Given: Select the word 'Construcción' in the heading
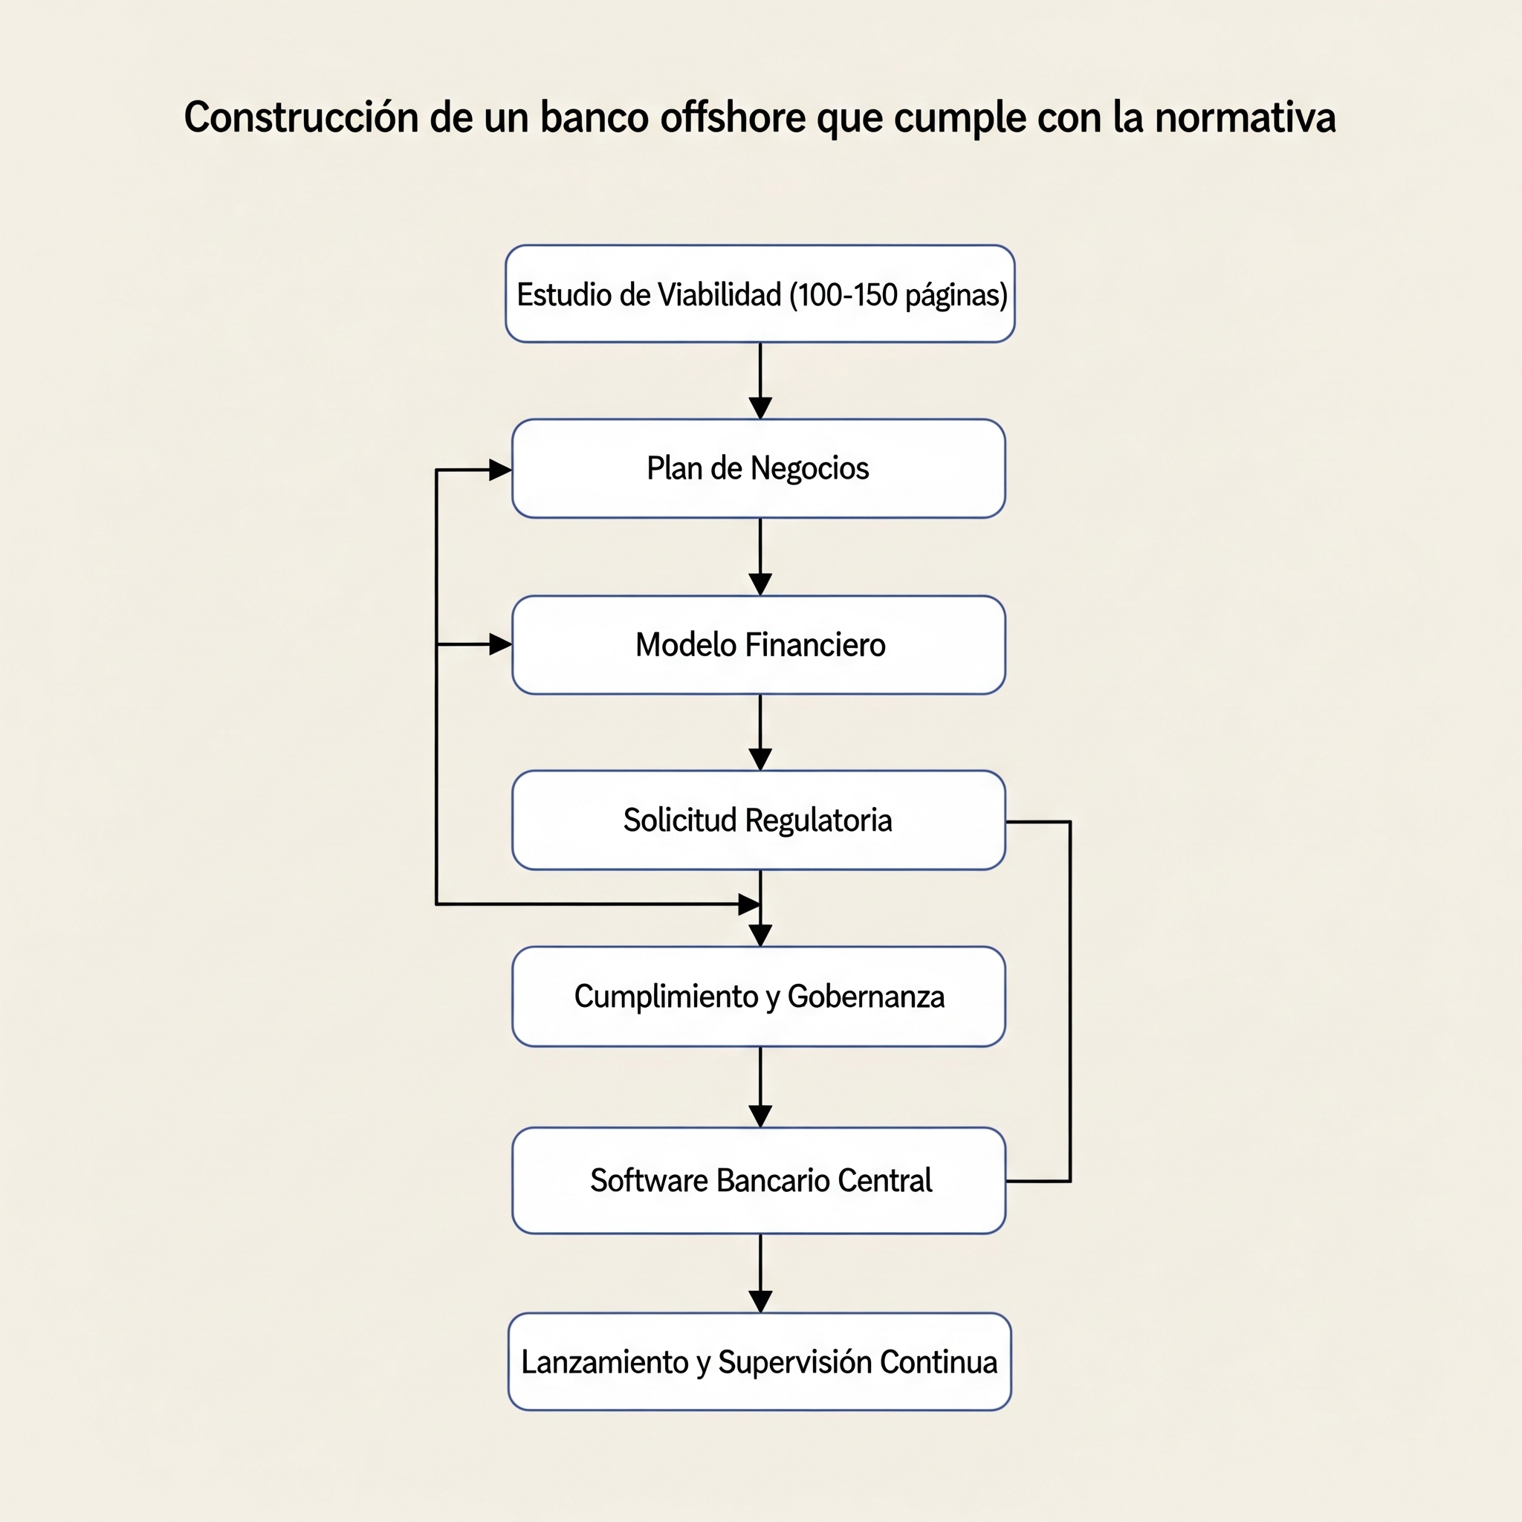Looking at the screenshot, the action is point(301,117).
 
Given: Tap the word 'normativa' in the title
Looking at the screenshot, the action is point(1245,117).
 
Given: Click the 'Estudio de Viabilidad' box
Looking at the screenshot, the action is point(760,294).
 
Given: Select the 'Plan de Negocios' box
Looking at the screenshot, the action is point(759,469).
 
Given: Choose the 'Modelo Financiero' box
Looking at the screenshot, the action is point(759,645).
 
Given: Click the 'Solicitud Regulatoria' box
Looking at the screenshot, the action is point(759,820).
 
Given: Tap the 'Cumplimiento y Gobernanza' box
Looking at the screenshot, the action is point(759,997).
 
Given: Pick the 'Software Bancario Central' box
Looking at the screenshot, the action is point(759,1180).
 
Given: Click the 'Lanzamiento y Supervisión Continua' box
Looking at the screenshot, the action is point(760,1361).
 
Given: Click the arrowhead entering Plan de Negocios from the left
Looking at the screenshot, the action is point(501,470).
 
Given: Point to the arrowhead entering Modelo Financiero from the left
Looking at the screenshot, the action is point(501,644).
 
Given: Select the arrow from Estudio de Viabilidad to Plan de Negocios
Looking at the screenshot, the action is point(760,381).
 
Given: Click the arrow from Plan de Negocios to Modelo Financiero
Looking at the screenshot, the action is point(760,557).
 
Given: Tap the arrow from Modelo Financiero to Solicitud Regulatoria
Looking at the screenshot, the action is point(760,733).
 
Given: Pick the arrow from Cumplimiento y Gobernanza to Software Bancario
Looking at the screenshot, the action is point(760,1087).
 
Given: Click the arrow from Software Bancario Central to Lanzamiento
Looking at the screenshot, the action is point(760,1273).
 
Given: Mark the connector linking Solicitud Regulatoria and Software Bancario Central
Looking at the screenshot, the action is point(1071,1001).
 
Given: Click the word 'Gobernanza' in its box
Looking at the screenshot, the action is point(866,997).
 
